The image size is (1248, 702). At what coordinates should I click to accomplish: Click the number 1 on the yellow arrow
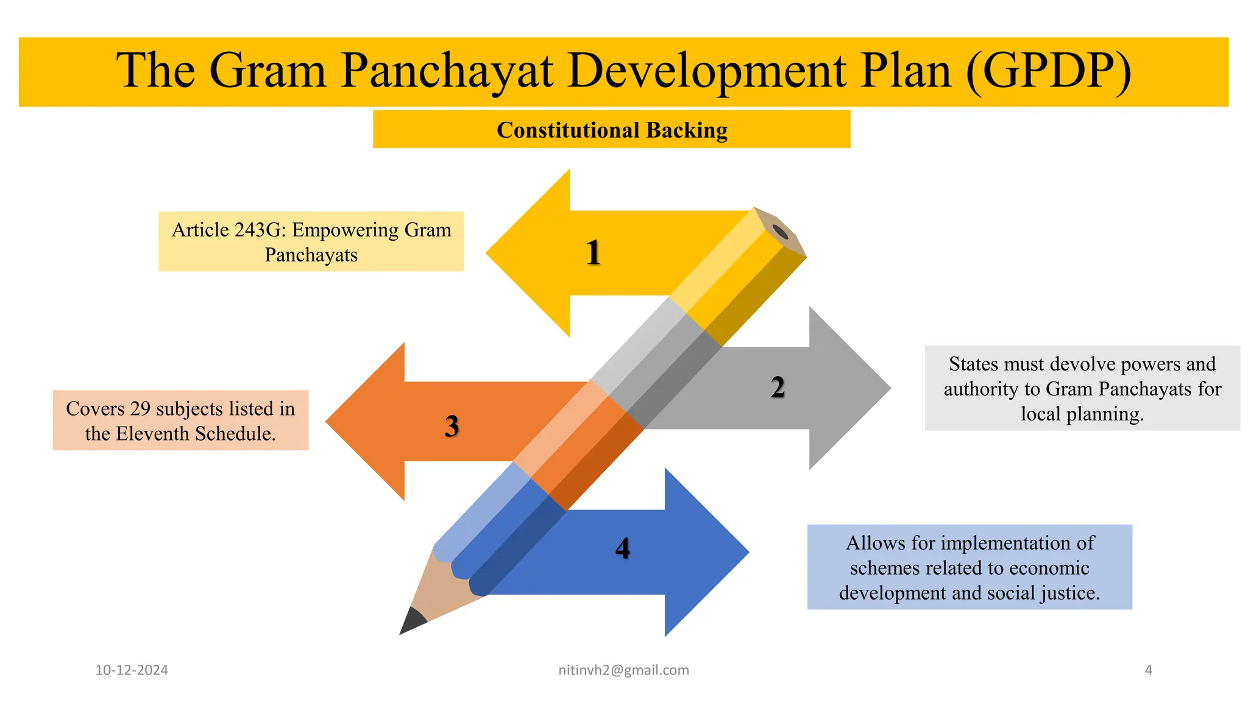click(x=594, y=252)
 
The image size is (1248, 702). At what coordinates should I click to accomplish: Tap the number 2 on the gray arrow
click(x=778, y=388)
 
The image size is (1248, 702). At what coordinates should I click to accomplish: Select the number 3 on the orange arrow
click(x=452, y=426)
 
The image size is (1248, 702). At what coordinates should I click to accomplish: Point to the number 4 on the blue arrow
click(x=622, y=548)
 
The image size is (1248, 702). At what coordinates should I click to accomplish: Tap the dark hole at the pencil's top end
click(x=780, y=232)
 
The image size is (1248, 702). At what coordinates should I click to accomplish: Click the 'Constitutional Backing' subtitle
click(x=612, y=130)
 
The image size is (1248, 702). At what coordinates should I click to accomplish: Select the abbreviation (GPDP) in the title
click(x=1048, y=71)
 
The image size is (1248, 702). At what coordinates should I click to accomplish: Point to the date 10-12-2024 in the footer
click(x=132, y=670)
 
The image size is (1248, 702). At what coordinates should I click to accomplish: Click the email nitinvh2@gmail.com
click(x=623, y=670)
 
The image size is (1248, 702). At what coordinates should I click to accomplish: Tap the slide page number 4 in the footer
click(x=1149, y=670)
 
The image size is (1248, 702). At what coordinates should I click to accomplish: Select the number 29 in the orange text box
click(x=140, y=409)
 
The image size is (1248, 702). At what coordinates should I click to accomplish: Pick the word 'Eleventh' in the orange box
click(x=152, y=434)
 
